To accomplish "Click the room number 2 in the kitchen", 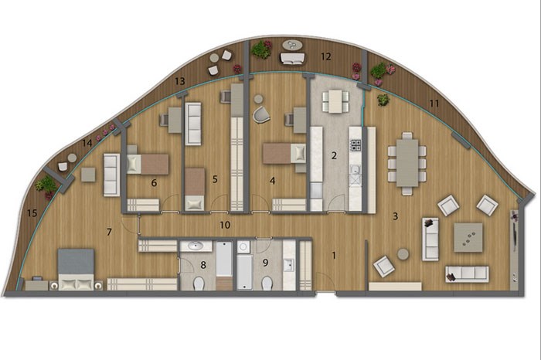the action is [x=334, y=155].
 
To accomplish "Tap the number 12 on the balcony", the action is [x=325, y=56].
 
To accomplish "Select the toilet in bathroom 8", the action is [x=199, y=284].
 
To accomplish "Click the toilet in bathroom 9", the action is [x=267, y=284].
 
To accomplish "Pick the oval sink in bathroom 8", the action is [x=196, y=246].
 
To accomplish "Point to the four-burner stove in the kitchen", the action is [x=356, y=144].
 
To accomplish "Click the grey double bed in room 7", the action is [x=76, y=269].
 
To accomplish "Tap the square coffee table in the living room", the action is [x=468, y=237].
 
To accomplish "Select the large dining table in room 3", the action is [x=407, y=163].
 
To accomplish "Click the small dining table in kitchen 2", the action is [x=335, y=101].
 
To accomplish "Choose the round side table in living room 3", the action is [x=403, y=254].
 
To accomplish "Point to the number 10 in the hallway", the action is [x=225, y=225].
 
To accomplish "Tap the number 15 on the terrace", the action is [x=32, y=213].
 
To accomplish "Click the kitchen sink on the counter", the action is [x=355, y=169].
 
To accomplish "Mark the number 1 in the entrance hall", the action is [x=334, y=256].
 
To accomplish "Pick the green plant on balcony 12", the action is [x=260, y=49].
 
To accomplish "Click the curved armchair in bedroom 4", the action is [x=261, y=114].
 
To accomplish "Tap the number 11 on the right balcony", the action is [x=434, y=103].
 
